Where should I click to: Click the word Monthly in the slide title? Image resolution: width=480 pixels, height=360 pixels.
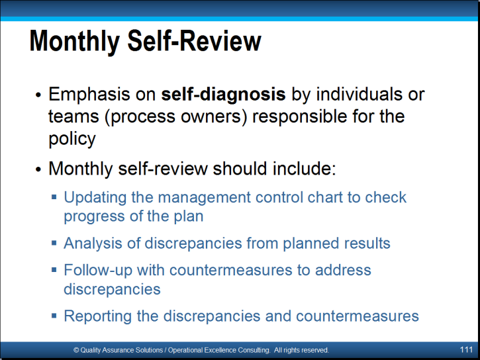tap(74, 41)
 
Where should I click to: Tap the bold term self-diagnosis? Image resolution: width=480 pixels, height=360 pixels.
tap(224, 94)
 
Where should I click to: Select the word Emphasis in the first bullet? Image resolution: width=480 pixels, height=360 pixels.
tap(89, 94)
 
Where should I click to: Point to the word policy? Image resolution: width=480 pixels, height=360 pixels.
tap(72, 139)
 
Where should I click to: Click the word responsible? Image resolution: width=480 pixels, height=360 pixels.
tap(300, 116)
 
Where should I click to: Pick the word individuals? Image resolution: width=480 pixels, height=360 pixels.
tap(359, 94)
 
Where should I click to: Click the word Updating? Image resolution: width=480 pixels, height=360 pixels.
tap(95, 198)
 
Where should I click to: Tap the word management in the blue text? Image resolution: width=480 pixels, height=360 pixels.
tap(204, 198)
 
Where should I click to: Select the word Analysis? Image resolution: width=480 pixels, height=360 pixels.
tap(93, 244)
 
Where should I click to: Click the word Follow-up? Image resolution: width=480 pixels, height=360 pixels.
tap(98, 271)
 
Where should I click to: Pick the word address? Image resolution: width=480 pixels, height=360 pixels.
tap(343, 271)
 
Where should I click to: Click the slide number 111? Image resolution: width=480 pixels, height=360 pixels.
tap(466, 349)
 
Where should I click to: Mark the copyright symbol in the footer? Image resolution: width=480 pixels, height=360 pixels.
tap(76, 350)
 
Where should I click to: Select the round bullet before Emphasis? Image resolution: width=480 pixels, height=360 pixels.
tap(38, 95)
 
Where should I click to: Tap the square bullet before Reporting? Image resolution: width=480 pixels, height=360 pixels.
tap(54, 316)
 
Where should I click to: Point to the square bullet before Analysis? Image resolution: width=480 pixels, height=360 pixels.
tap(54, 243)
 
